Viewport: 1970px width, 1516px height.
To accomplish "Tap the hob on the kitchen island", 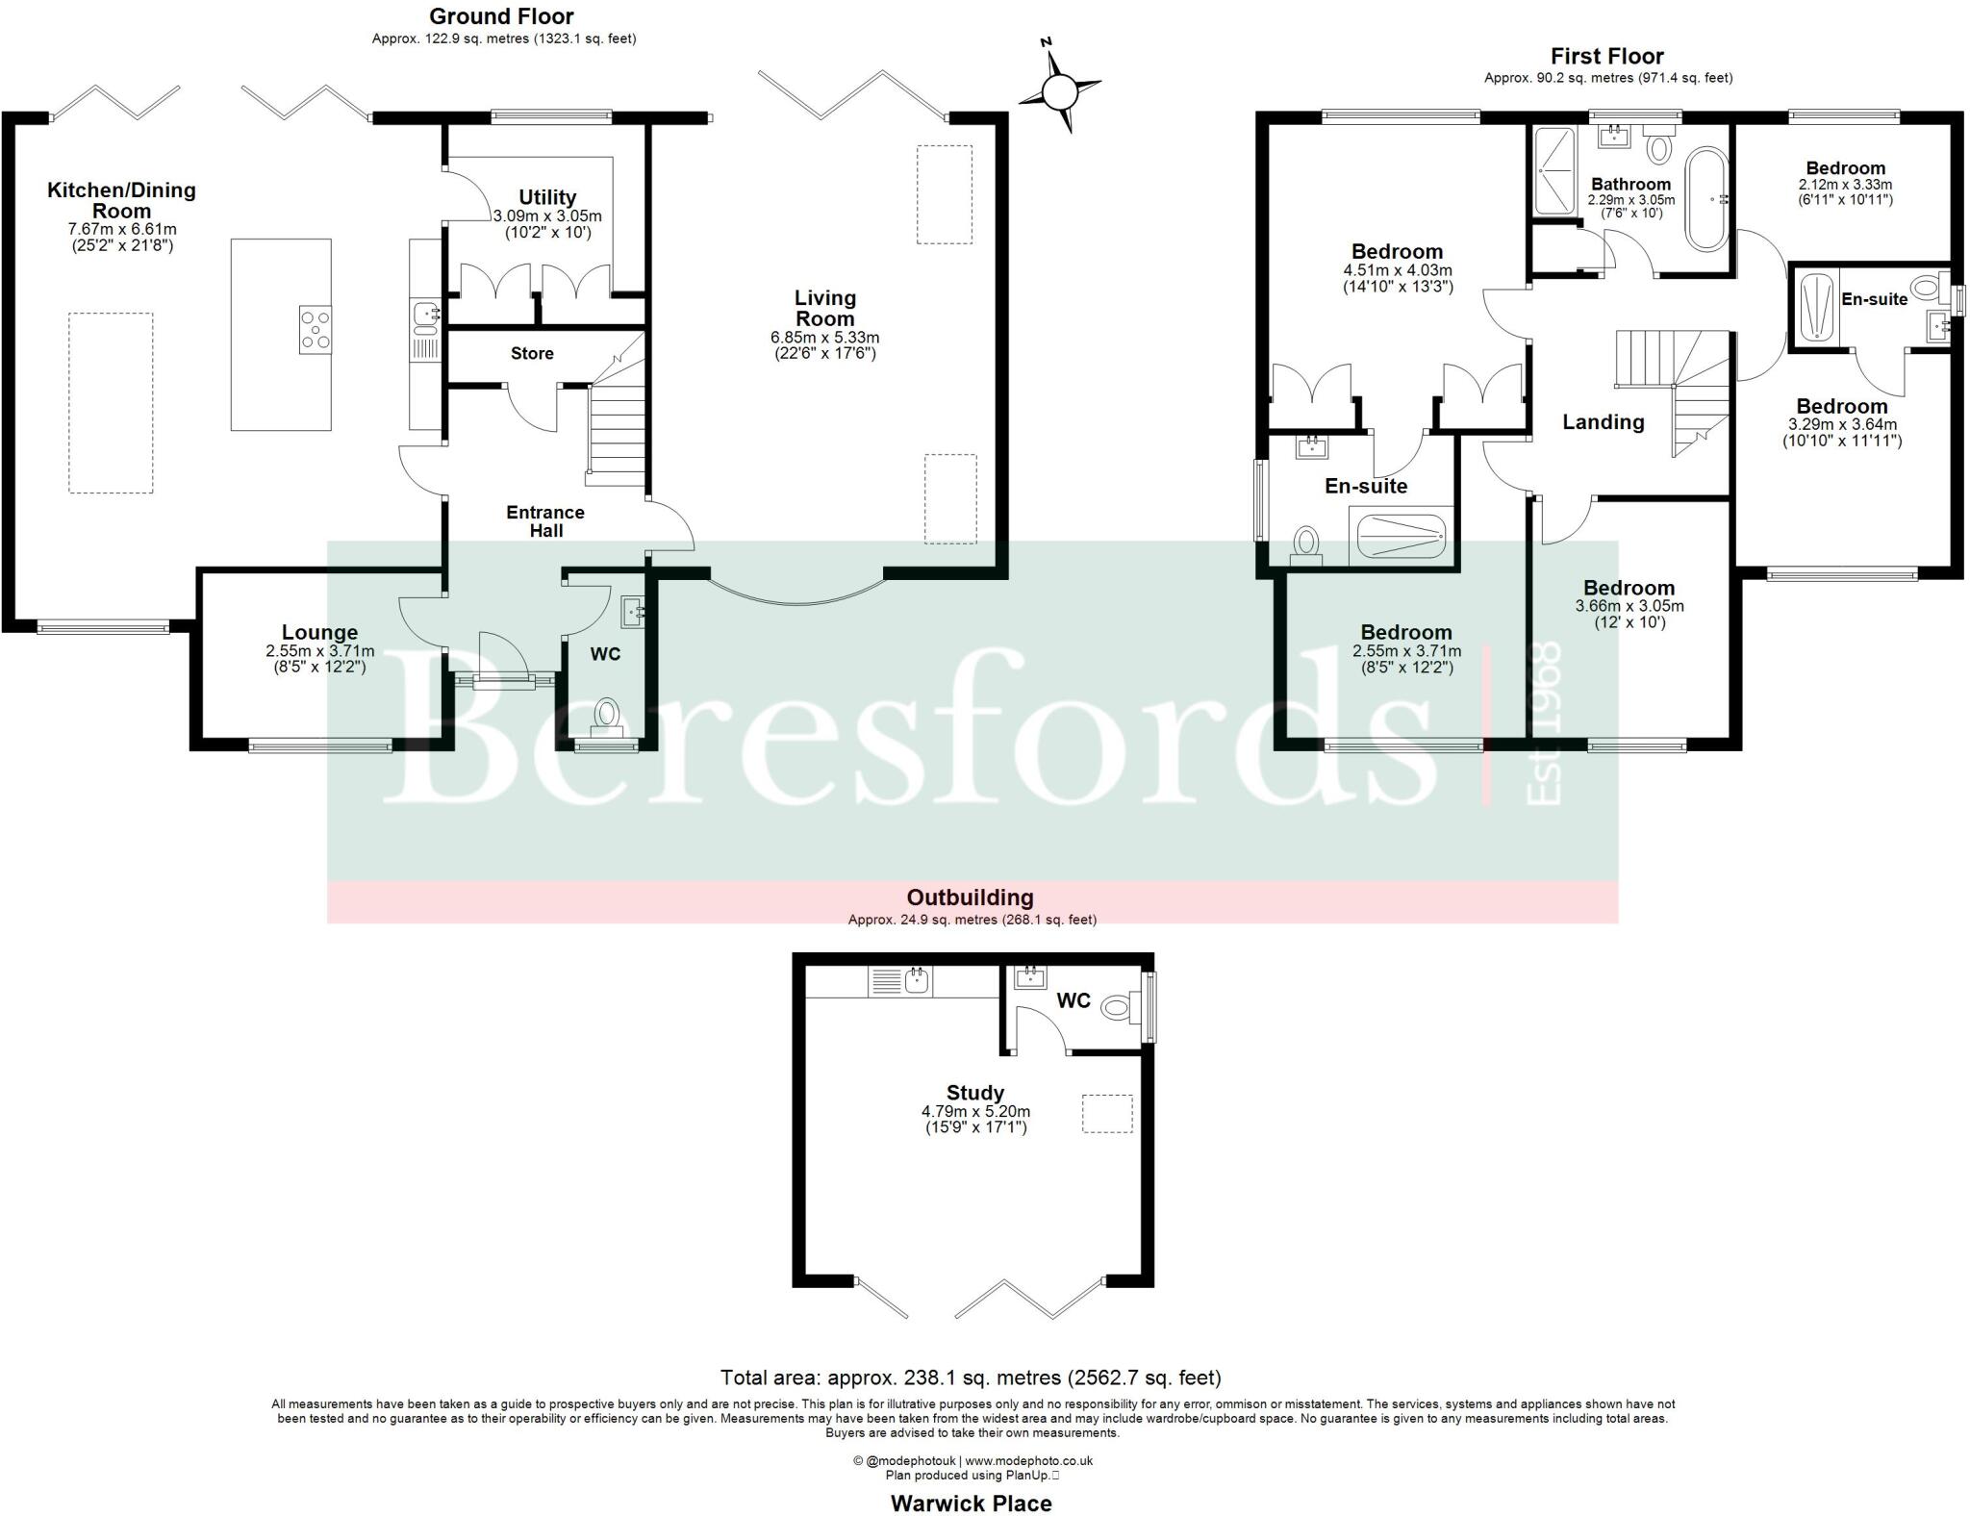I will coord(315,329).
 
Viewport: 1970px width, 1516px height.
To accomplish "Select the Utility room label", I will coord(547,197).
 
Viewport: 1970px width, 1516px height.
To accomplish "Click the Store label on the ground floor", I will coord(532,353).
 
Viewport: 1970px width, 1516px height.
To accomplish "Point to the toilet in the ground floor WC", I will coord(607,715).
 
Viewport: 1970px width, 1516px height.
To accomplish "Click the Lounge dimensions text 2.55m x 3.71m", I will coord(319,651).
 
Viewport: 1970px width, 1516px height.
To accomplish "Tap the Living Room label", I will coord(824,308).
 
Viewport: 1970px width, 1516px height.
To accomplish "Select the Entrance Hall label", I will coord(545,521).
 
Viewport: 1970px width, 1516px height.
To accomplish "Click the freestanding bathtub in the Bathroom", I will coord(1706,199).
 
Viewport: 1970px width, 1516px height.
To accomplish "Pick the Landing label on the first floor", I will coord(1603,421).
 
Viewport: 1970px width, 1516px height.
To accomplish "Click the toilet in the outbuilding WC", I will coord(1116,1007).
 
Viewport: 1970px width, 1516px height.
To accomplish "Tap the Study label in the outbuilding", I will coord(974,1093).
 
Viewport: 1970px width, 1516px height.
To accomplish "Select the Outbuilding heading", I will coord(970,897).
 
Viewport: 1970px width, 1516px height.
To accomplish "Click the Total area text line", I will coord(971,1377).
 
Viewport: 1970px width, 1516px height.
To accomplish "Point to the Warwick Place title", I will coord(971,1503).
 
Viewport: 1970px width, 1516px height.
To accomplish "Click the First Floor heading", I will coord(1606,56).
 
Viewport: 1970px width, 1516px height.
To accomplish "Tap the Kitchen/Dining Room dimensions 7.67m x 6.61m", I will coord(122,229).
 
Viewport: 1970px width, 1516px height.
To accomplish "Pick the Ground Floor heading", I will coord(501,16).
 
